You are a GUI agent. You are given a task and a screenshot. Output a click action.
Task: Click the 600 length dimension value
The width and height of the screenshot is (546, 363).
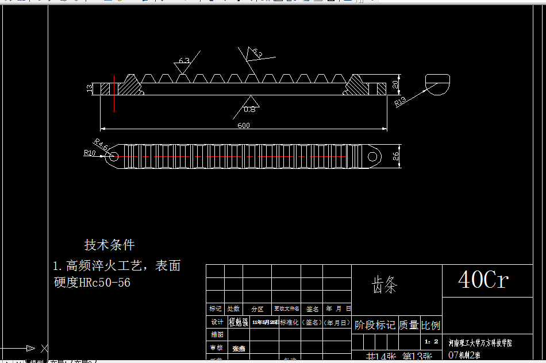coord(244,126)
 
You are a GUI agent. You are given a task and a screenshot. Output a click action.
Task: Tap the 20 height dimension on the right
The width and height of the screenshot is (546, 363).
coord(395,84)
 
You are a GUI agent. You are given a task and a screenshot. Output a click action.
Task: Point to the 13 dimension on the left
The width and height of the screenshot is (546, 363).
coord(90,88)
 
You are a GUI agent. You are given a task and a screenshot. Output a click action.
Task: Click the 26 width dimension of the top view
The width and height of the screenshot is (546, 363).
coord(396,156)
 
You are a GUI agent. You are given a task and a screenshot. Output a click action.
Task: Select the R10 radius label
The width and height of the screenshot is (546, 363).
coord(89,153)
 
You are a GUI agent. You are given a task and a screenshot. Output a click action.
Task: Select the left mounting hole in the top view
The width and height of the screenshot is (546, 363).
coord(113,156)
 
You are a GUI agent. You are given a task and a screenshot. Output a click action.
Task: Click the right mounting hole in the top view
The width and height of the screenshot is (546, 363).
coord(373,156)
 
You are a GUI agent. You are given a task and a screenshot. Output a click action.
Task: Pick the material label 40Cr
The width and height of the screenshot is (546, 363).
coord(483,280)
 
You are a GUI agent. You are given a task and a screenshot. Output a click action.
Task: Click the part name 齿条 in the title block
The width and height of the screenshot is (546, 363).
coord(384,284)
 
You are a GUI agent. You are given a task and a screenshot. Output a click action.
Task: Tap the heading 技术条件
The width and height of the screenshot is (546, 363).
coord(109,245)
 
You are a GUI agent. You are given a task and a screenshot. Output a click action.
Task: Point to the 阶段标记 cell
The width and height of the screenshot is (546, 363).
coord(375,325)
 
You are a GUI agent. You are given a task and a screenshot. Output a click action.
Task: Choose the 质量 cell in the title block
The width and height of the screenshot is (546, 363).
coord(409,325)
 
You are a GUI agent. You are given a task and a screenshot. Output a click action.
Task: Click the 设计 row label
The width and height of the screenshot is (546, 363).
coord(216,322)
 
